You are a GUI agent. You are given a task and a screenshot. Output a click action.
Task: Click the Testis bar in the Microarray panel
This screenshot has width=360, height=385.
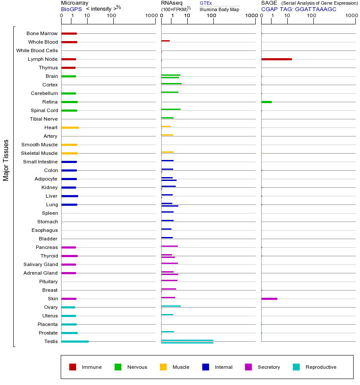[x=75, y=341]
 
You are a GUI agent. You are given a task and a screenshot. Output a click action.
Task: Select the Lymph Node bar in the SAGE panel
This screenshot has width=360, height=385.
[x=276, y=59]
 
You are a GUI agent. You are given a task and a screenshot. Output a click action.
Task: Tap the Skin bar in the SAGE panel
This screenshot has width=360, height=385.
[x=269, y=299]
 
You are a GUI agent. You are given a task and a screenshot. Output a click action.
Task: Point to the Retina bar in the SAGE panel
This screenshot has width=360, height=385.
[x=266, y=102]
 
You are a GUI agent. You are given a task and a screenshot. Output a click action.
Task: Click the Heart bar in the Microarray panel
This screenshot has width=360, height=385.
[x=70, y=127]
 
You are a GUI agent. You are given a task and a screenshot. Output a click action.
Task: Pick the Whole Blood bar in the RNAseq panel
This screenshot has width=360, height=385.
[x=165, y=41]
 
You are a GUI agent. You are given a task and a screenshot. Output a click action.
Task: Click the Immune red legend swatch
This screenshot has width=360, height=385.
[x=73, y=367]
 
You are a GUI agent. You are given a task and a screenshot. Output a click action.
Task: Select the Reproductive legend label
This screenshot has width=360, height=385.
[x=321, y=367]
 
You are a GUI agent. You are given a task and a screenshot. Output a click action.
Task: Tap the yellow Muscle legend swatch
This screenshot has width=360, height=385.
[x=163, y=367]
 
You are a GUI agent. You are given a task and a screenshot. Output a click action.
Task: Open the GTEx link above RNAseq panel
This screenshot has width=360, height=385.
[x=206, y=3]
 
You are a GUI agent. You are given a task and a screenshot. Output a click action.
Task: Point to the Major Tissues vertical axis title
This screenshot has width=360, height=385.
[x=6, y=160]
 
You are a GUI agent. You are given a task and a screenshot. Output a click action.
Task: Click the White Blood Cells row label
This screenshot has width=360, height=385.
[x=37, y=50]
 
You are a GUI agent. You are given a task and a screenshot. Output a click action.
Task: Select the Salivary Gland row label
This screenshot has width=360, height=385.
[x=41, y=264]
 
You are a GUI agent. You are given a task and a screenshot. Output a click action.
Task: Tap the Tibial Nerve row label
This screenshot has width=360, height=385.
[x=44, y=119]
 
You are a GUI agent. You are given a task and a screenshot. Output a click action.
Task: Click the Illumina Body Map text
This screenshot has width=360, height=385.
[x=219, y=9]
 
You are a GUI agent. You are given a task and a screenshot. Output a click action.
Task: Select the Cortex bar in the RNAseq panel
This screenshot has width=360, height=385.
[x=171, y=84]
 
